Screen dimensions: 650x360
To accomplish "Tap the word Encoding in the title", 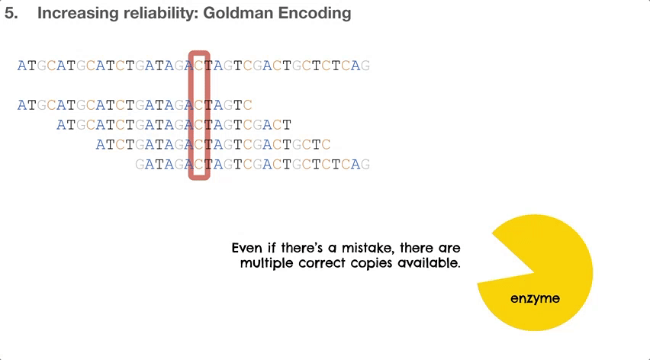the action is coord(314,14).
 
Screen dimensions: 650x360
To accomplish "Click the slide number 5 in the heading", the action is coord(11,13).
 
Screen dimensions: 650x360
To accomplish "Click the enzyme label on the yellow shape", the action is coord(535,298).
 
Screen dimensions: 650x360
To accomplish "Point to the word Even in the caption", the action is coord(247,248).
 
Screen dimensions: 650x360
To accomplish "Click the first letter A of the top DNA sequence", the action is coord(21,66).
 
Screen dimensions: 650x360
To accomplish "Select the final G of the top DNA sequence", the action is coord(365,66).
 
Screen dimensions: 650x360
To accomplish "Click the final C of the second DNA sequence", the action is coord(247,105).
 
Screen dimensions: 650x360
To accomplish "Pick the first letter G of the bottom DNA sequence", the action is coord(140,165).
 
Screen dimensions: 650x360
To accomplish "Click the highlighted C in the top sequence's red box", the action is coord(199,66).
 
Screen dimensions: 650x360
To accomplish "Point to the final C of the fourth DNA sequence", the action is coord(326,145).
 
